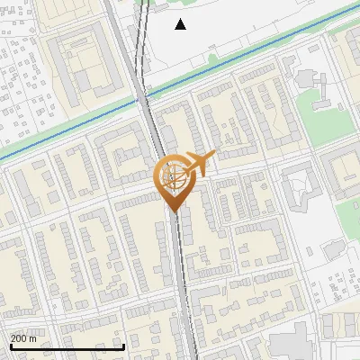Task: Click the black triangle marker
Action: click(180, 24)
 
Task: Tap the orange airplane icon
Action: click(197, 164)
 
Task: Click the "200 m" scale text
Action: click(23, 338)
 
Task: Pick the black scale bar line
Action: click(67, 346)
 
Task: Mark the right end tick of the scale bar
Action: click(123, 345)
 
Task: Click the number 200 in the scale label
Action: click(19, 338)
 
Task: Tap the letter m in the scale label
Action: click(33, 338)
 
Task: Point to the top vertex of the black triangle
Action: click(180, 19)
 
